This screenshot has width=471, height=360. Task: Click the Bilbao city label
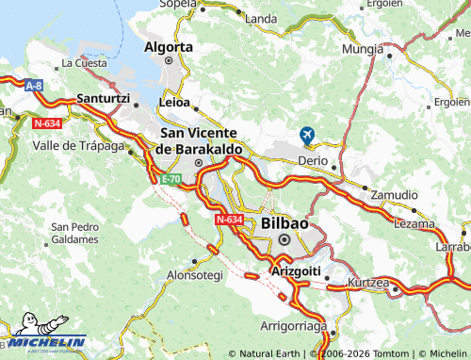[284, 223]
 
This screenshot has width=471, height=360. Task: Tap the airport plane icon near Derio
[306, 136]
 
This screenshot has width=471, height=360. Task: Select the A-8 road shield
[34, 86]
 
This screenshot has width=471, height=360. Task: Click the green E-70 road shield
[171, 179]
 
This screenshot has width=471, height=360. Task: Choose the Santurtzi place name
[105, 98]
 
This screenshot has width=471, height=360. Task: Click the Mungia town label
[363, 48]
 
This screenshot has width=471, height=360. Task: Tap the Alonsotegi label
[195, 275]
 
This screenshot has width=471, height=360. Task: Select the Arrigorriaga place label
[293, 326]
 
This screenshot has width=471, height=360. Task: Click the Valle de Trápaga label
[78, 145]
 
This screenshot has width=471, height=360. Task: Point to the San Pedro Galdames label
[74, 233]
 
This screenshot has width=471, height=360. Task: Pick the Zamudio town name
[394, 194]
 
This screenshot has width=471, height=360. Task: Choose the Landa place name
[261, 18]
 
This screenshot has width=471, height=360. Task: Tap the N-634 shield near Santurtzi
[48, 123]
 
